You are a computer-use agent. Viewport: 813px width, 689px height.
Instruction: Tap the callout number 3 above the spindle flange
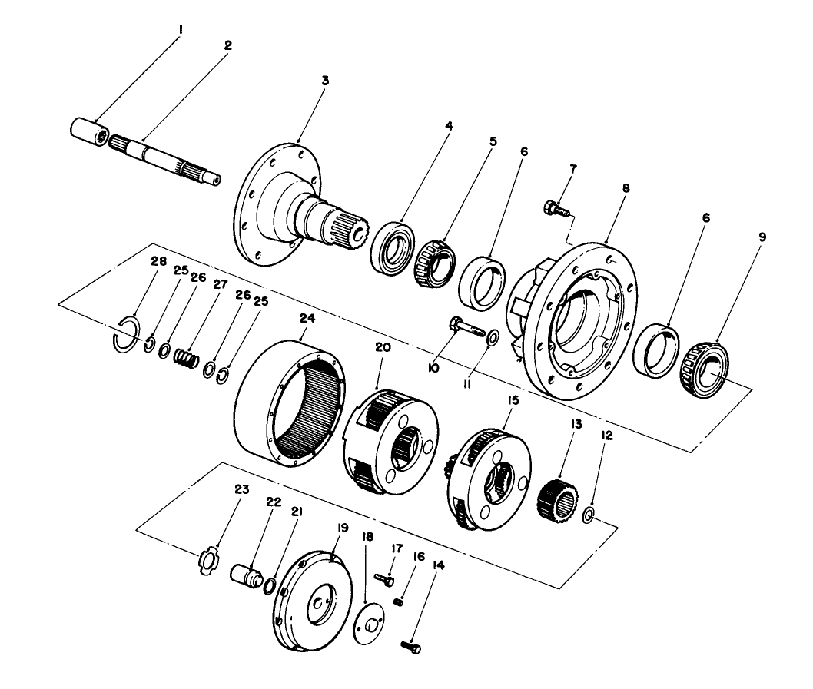(324, 80)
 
